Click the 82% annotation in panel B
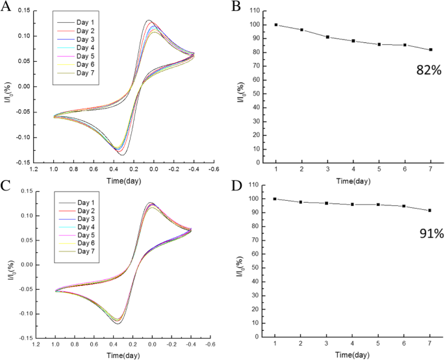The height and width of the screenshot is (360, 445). pos(429,70)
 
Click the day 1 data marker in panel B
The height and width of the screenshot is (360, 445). pos(276,25)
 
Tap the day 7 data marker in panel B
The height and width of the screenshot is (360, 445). pos(430,50)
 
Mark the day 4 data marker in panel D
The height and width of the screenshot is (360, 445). pos(353,204)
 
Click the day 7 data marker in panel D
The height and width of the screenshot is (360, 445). pos(430,211)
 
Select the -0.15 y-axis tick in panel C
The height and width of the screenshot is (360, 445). pos(22,338)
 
